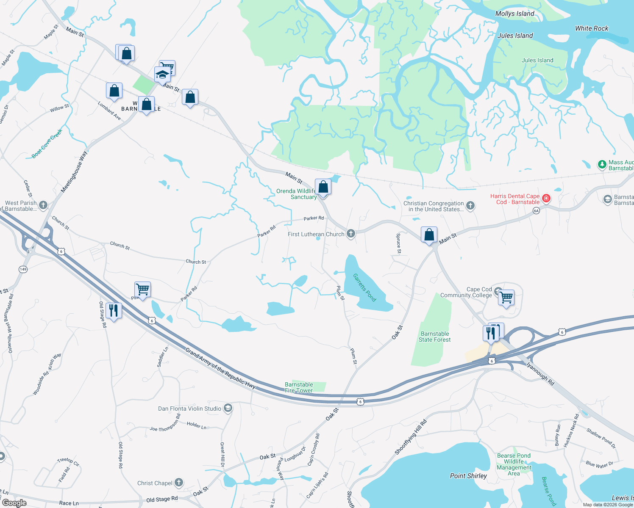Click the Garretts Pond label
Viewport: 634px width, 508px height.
pyautogui.click(x=364, y=287)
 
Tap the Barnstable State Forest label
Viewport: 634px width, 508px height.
pyautogui.click(x=434, y=337)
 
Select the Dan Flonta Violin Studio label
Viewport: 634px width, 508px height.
pyautogui.click(x=189, y=409)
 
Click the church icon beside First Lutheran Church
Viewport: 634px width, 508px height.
pyautogui.click(x=350, y=234)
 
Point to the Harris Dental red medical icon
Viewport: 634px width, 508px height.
pyautogui.click(x=546, y=198)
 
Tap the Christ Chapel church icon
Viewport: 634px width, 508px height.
pyautogui.click(x=179, y=483)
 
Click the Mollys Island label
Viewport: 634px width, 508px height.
pyautogui.click(x=514, y=14)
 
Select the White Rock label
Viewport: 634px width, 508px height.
pyautogui.click(x=591, y=28)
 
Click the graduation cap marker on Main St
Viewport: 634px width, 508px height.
pyautogui.click(x=162, y=75)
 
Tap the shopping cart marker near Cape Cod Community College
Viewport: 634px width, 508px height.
pyautogui.click(x=506, y=298)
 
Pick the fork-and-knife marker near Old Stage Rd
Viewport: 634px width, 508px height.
pyautogui.click(x=113, y=310)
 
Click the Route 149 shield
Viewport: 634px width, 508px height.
pyautogui.click(x=23, y=269)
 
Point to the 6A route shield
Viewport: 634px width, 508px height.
pyautogui.click(x=536, y=210)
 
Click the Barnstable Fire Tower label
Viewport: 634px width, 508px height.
pyautogui.click(x=299, y=387)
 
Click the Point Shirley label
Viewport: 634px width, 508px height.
pyautogui.click(x=468, y=476)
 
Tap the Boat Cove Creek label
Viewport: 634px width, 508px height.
pyautogui.click(x=47, y=144)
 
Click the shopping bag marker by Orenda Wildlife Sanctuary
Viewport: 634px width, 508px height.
pyautogui.click(x=323, y=187)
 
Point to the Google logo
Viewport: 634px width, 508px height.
pyautogui.click(x=14, y=502)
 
